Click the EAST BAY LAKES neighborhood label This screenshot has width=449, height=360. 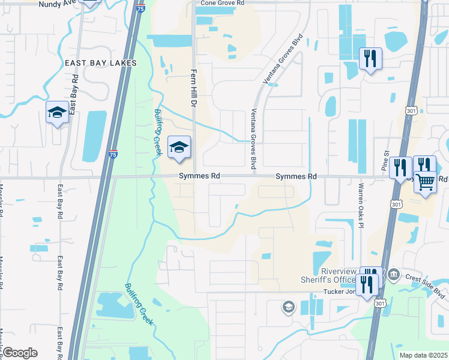point(97,63)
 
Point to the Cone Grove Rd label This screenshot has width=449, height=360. point(223,3)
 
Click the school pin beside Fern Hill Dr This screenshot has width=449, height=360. point(179,148)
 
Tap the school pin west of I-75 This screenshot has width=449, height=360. point(58,113)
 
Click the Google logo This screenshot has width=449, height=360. point(20,353)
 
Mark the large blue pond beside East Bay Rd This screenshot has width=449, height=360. point(94,136)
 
